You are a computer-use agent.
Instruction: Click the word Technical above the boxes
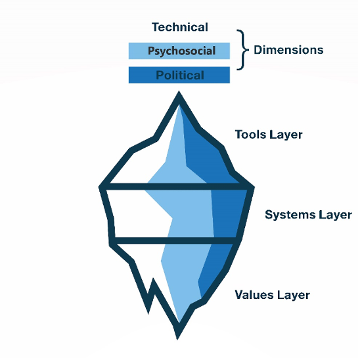180,27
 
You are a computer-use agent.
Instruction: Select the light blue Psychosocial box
179,51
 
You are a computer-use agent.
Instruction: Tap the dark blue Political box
179,75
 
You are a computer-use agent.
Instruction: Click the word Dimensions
288,50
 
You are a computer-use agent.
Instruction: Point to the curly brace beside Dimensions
243,49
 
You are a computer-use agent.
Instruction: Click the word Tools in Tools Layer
251,134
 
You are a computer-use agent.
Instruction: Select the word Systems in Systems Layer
290,215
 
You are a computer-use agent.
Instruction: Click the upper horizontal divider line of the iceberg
177,187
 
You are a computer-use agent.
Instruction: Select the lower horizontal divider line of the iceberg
175,240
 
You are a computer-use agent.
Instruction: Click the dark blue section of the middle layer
227,214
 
